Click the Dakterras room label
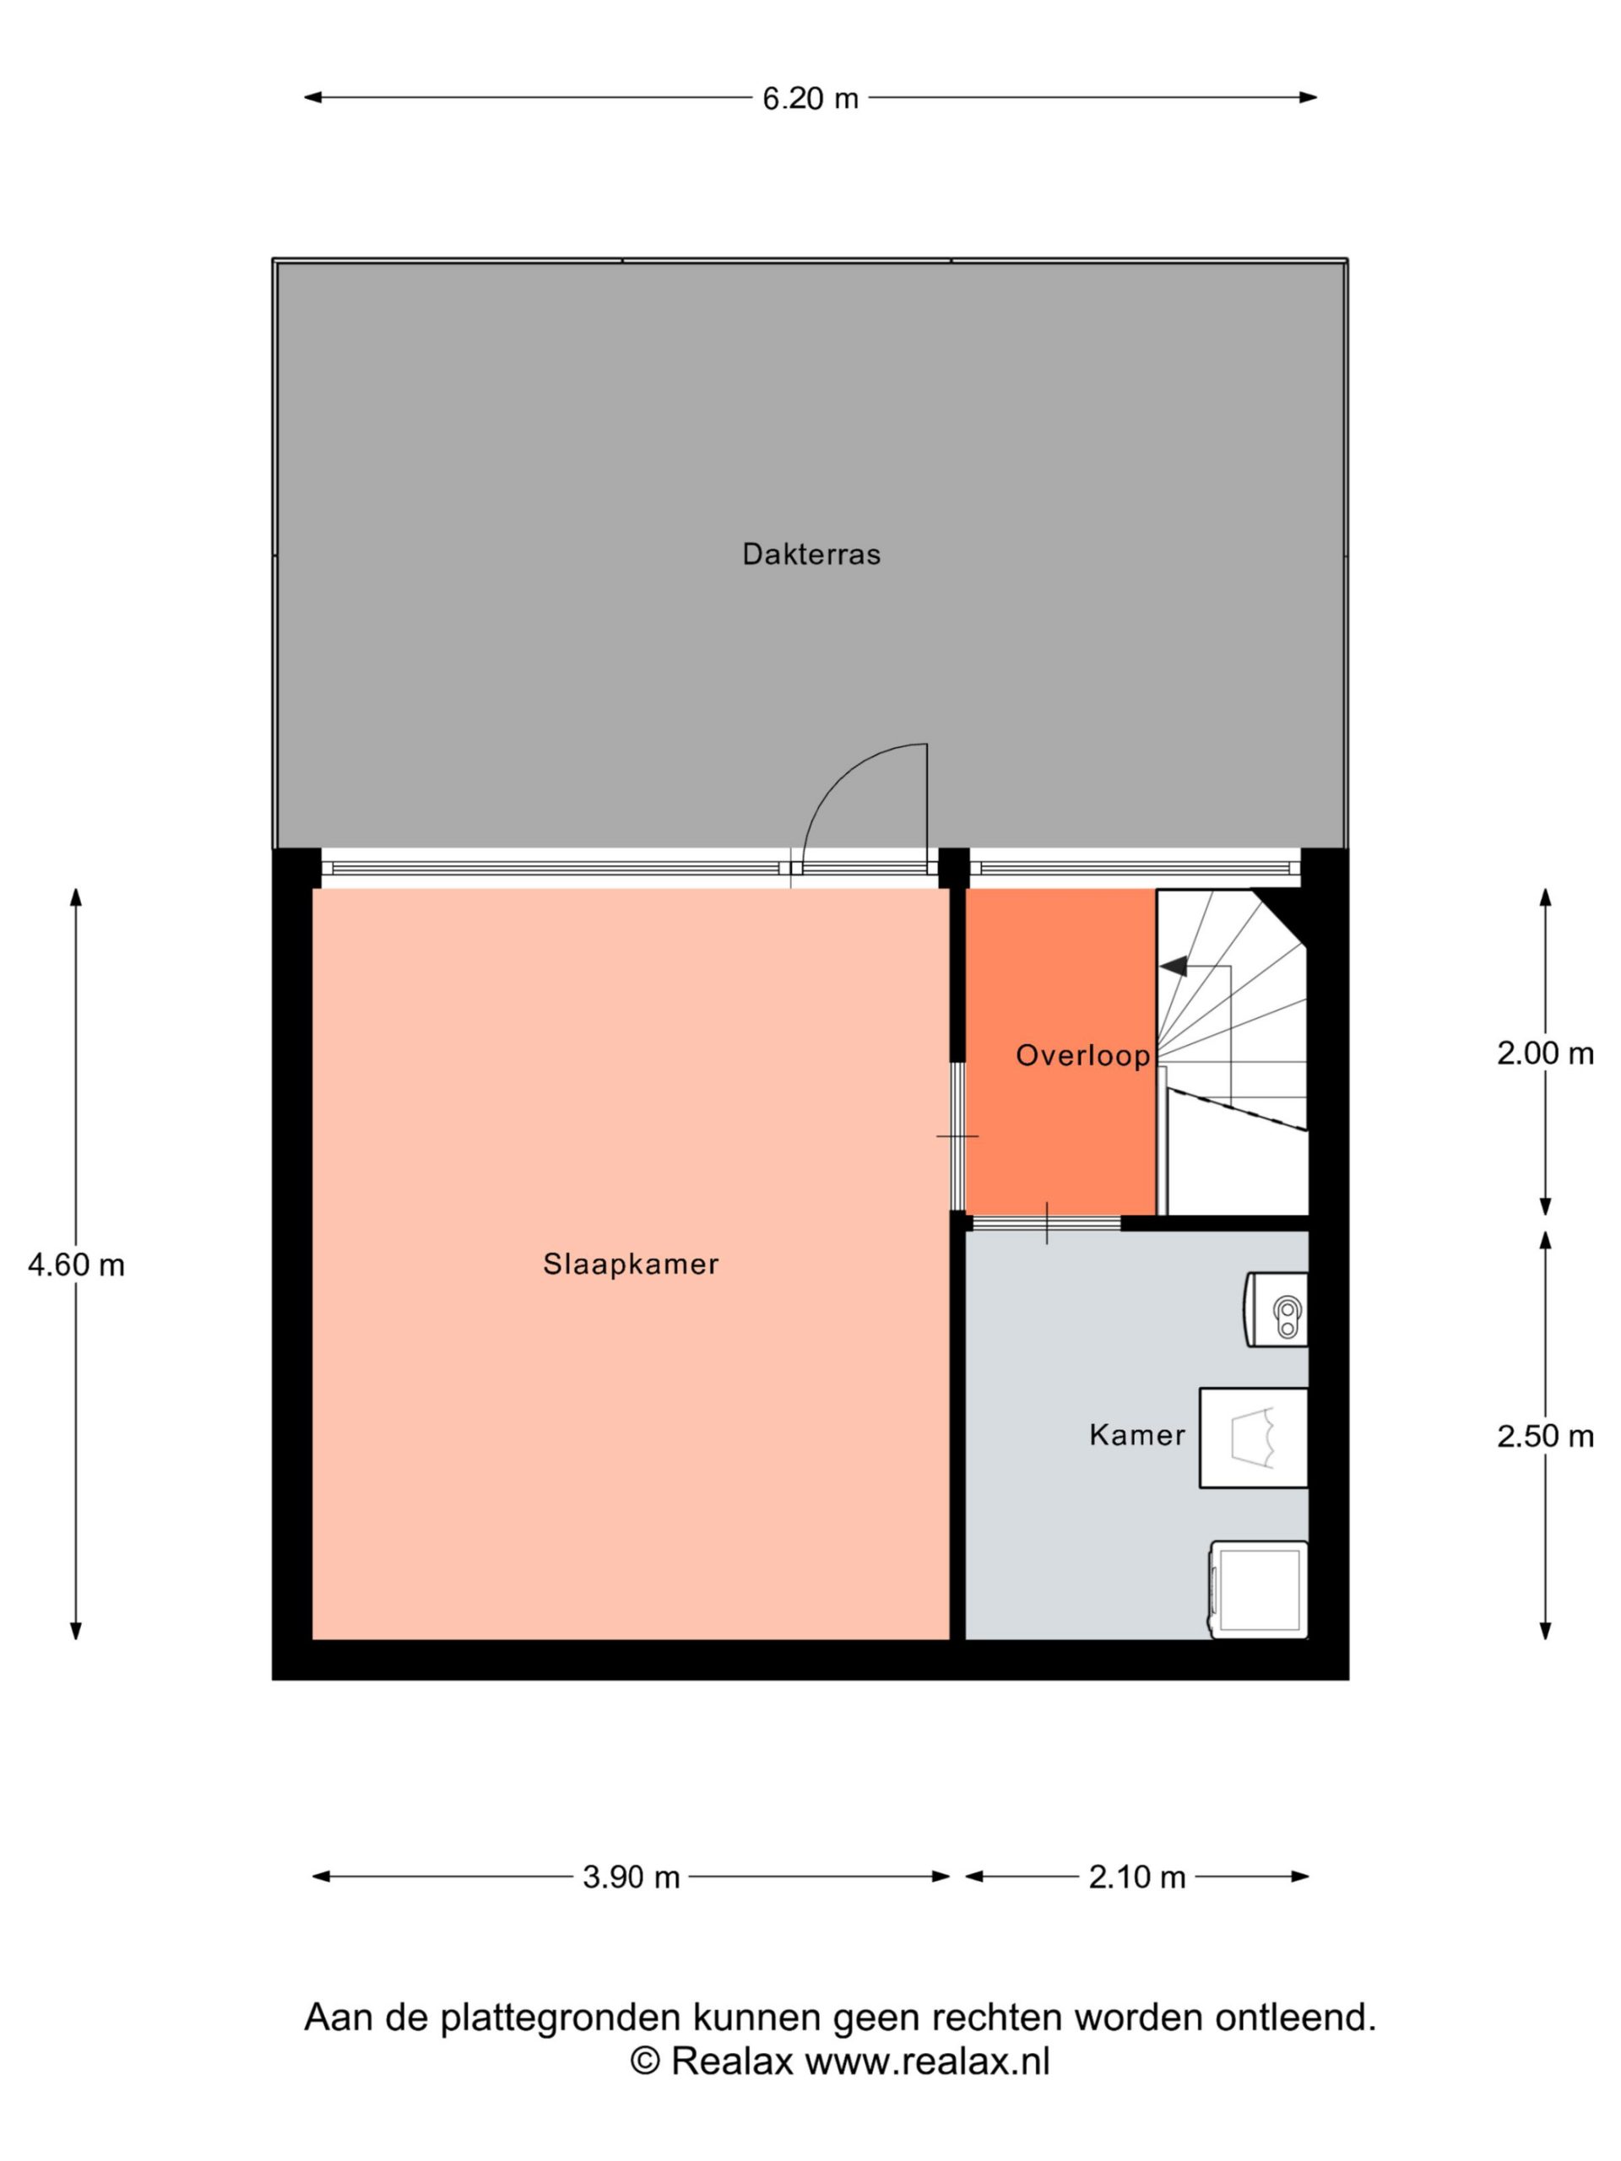pyautogui.click(x=811, y=555)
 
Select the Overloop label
pyautogui.click(x=1083, y=1055)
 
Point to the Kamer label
pyautogui.click(x=1137, y=1435)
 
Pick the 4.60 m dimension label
pyautogui.click(x=76, y=1265)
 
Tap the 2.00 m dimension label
pyautogui.click(x=1545, y=1053)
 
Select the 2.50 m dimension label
pyautogui.click(x=1545, y=1436)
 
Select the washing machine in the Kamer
pyautogui.click(x=1259, y=1590)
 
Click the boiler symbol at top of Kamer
pyautogui.click(x=1275, y=1310)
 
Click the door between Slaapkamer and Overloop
pyautogui.click(x=958, y=1137)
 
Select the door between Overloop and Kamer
pyautogui.click(x=1046, y=1223)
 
